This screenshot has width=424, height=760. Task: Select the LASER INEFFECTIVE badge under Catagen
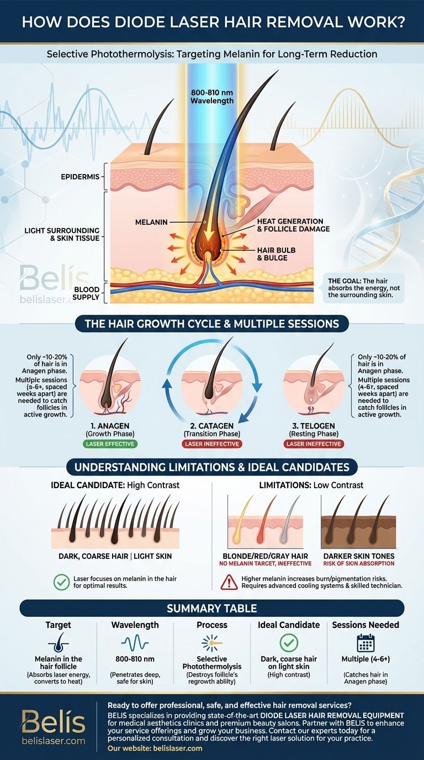coord(211,444)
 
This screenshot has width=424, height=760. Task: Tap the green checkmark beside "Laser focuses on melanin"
coord(62,581)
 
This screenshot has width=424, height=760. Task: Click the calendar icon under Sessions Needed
coord(365,644)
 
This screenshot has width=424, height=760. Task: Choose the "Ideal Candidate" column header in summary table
coord(289,625)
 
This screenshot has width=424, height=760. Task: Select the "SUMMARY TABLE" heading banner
coord(212,608)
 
